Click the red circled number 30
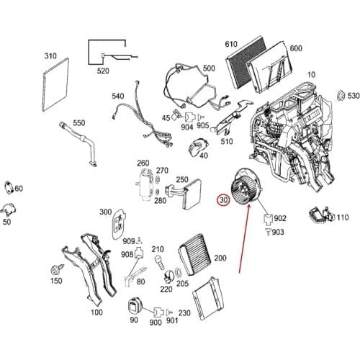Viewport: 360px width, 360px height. pyautogui.click(x=223, y=200)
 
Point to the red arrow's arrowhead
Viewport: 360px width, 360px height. pyautogui.click(x=248, y=206)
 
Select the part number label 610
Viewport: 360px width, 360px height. pyautogui.click(x=231, y=44)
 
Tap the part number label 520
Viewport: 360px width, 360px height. pyautogui.click(x=103, y=71)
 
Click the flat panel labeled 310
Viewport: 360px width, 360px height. pyautogui.click(x=55, y=84)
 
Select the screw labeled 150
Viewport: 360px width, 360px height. pyautogui.click(x=57, y=269)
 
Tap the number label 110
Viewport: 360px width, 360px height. pyautogui.click(x=343, y=217)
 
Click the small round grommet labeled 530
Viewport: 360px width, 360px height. pyautogui.click(x=341, y=96)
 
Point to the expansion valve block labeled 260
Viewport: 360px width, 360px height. pyautogui.click(x=144, y=184)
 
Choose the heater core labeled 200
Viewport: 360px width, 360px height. pyautogui.click(x=194, y=255)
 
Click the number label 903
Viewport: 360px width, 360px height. pyautogui.click(x=278, y=232)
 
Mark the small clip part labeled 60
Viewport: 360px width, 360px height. pyautogui.click(x=9, y=187)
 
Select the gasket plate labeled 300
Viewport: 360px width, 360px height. pyautogui.click(x=119, y=225)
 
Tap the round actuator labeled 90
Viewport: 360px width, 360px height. pyautogui.click(x=135, y=306)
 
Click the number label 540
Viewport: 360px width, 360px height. pyautogui.click(x=118, y=96)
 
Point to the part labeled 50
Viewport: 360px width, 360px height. pyautogui.click(x=9, y=210)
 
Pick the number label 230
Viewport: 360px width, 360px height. pyautogui.click(x=184, y=313)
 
